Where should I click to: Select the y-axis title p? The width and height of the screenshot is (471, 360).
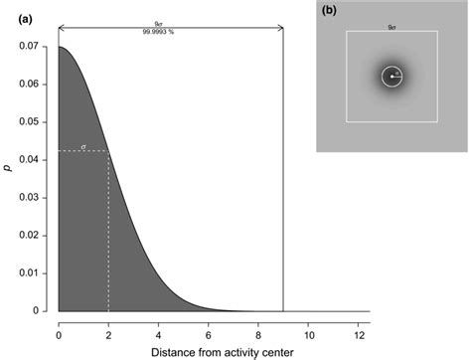(9, 169)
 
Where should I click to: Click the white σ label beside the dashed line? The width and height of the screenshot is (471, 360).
(83, 145)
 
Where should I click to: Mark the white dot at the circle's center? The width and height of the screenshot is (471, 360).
(392, 76)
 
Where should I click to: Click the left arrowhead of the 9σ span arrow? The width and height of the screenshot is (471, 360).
(62, 27)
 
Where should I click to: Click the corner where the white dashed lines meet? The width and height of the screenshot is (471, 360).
(108, 151)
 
